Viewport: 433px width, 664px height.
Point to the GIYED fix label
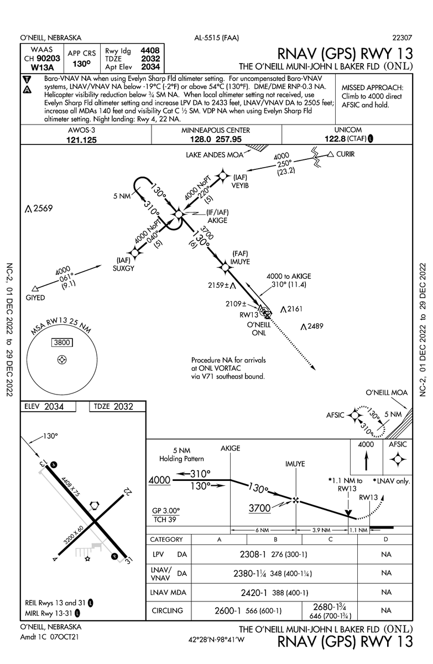pos(35,298)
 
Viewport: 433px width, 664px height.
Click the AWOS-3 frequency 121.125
pos(81,140)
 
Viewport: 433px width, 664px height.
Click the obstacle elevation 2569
pos(42,209)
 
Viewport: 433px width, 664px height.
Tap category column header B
pos(275,539)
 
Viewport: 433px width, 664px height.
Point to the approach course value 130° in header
pos(81,63)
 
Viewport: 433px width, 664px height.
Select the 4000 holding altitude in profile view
pos(159,480)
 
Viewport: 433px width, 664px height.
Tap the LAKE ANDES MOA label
pos(213,154)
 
